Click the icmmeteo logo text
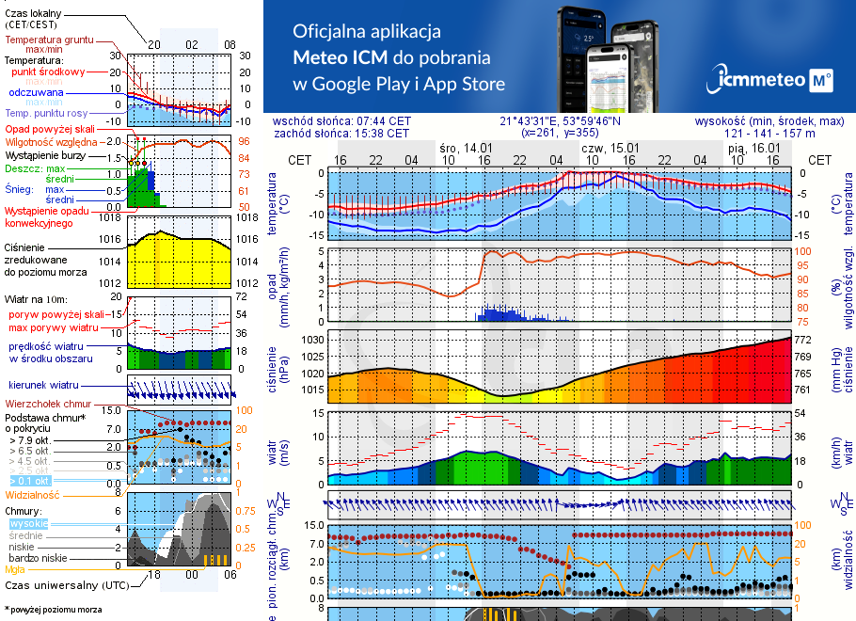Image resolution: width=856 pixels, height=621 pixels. (x=761, y=81)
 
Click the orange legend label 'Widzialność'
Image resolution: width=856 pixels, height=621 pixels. (x=33, y=493)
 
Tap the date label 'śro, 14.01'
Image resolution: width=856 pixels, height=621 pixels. (x=466, y=148)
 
